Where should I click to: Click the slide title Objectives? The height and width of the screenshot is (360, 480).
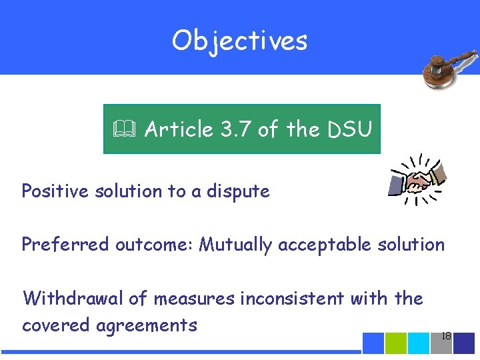[239, 41]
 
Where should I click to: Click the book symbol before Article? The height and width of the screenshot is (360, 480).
[124, 129]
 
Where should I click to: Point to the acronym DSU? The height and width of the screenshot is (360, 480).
[349, 129]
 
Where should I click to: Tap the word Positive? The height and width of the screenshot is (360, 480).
[54, 191]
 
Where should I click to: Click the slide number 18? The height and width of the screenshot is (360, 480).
[446, 337]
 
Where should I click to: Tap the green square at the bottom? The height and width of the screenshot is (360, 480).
[396, 343]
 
